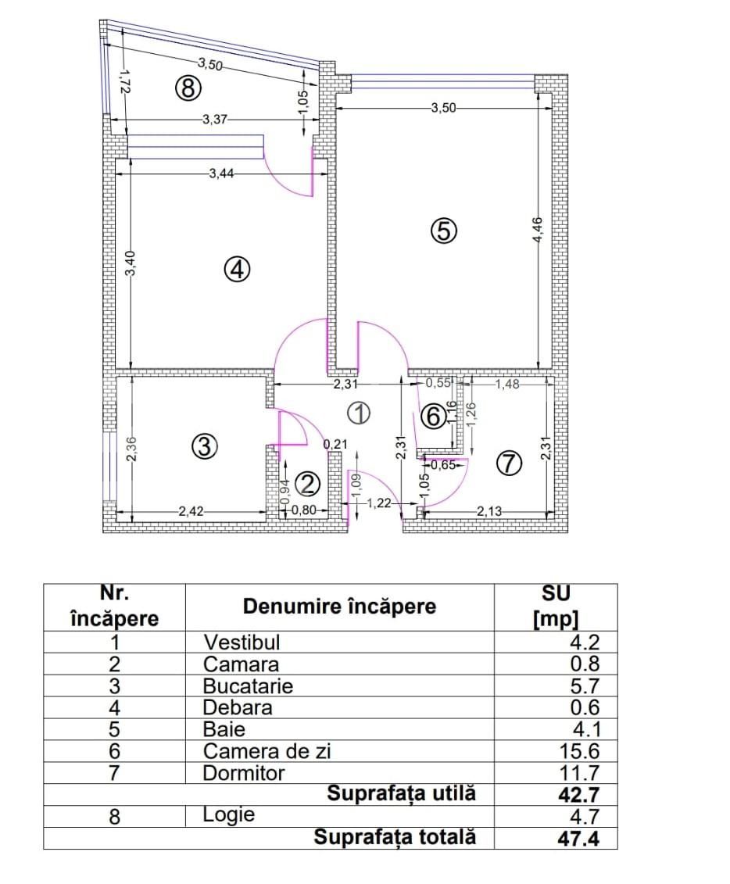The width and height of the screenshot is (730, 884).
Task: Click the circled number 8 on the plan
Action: click(x=188, y=88)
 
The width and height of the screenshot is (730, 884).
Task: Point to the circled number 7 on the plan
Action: click(x=508, y=463)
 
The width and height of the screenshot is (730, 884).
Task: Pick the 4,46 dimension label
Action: click(x=538, y=230)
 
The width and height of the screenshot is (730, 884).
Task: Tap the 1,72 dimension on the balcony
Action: click(x=121, y=82)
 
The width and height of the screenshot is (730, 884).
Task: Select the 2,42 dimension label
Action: click(x=191, y=512)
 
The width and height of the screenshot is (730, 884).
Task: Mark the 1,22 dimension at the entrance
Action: click(x=378, y=504)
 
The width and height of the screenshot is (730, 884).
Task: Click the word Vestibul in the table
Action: click(x=242, y=642)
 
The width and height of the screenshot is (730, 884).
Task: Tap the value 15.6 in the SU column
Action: click(x=581, y=752)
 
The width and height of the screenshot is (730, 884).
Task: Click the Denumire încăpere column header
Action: click(x=339, y=607)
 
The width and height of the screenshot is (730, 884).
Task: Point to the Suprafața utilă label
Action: click(x=401, y=794)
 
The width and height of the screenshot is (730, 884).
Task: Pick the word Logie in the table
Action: click(x=228, y=814)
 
